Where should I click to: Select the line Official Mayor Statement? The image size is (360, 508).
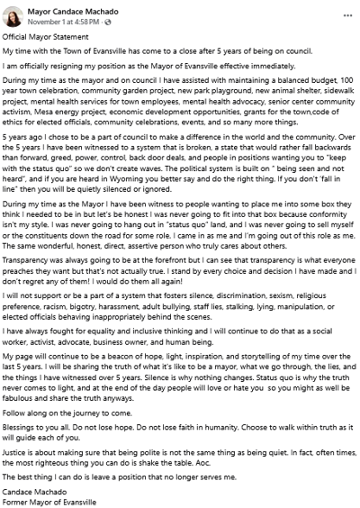click(45, 36)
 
